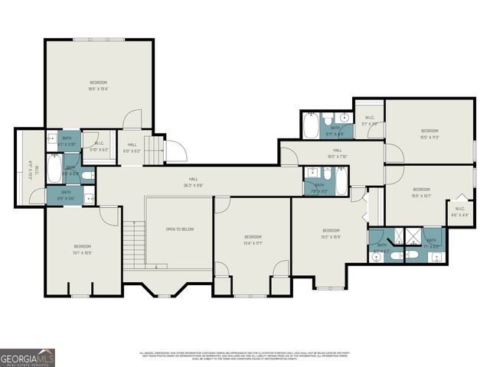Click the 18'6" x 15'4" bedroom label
[99, 85]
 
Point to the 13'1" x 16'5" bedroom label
[82, 248]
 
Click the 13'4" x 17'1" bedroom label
[253, 240]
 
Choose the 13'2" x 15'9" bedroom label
[331, 233]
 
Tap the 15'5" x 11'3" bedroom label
[430, 133]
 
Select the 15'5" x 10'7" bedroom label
[422, 192]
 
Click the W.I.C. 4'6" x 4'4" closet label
[460, 211]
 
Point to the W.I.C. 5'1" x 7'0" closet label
[370, 121]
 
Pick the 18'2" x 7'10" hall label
[337, 153]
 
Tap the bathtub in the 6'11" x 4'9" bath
[310, 125]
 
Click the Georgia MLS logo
[28, 357]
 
